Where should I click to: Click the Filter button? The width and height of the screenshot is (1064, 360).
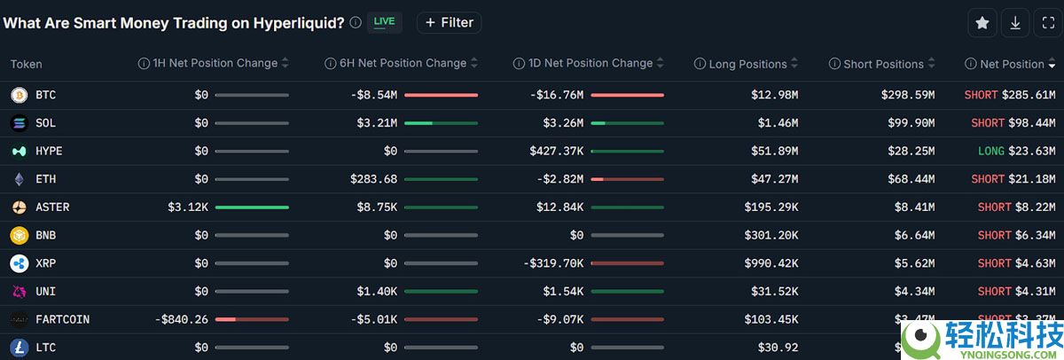pyautogui.click(x=449, y=22)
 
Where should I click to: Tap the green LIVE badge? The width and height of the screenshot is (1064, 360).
pyautogui.click(x=384, y=22)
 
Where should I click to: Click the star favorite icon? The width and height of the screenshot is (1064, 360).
pyautogui.click(x=982, y=23)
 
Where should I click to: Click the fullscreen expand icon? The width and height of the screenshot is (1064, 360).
pyautogui.click(x=1047, y=23)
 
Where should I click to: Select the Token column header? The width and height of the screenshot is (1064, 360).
pyautogui.click(x=26, y=64)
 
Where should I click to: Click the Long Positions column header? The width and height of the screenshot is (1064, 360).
pyautogui.click(x=747, y=64)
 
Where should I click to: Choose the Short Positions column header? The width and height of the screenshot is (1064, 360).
pyautogui.click(x=884, y=64)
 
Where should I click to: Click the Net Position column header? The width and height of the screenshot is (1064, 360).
pyautogui.click(x=1012, y=64)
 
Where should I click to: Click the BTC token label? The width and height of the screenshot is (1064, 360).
pyautogui.click(x=45, y=95)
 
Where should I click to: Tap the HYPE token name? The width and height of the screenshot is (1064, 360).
pyautogui.click(x=49, y=151)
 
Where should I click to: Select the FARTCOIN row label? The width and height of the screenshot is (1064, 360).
pyautogui.click(x=62, y=319)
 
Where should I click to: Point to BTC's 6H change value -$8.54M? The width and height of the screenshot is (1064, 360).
pyautogui.click(x=373, y=95)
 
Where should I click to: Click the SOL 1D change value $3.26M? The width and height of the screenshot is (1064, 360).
pyautogui.click(x=563, y=123)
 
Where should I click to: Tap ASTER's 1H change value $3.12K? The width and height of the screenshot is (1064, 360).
pyautogui.click(x=187, y=207)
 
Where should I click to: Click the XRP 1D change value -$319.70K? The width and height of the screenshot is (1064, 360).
pyautogui.click(x=552, y=263)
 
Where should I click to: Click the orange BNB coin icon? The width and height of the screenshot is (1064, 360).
pyautogui.click(x=19, y=235)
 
